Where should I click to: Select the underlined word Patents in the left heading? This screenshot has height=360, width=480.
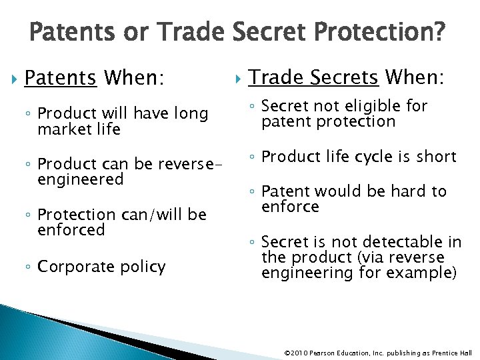tap(60, 79)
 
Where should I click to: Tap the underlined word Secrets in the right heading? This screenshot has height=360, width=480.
tap(346, 78)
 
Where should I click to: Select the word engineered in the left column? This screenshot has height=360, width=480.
tap(81, 179)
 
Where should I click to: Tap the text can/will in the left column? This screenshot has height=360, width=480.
tap(147, 214)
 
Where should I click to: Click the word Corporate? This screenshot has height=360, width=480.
tap(73, 267)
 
